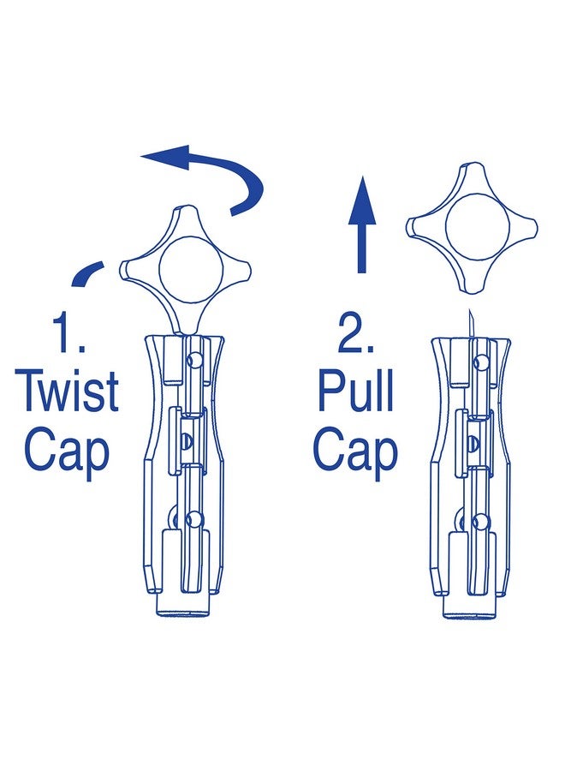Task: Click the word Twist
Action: click(67, 392)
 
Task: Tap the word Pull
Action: click(356, 391)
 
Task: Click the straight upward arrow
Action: click(362, 224)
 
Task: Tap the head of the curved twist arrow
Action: click(165, 157)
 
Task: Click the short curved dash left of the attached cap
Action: click(87, 273)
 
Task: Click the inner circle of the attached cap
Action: click(191, 268)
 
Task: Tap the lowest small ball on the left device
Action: click(194, 519)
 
